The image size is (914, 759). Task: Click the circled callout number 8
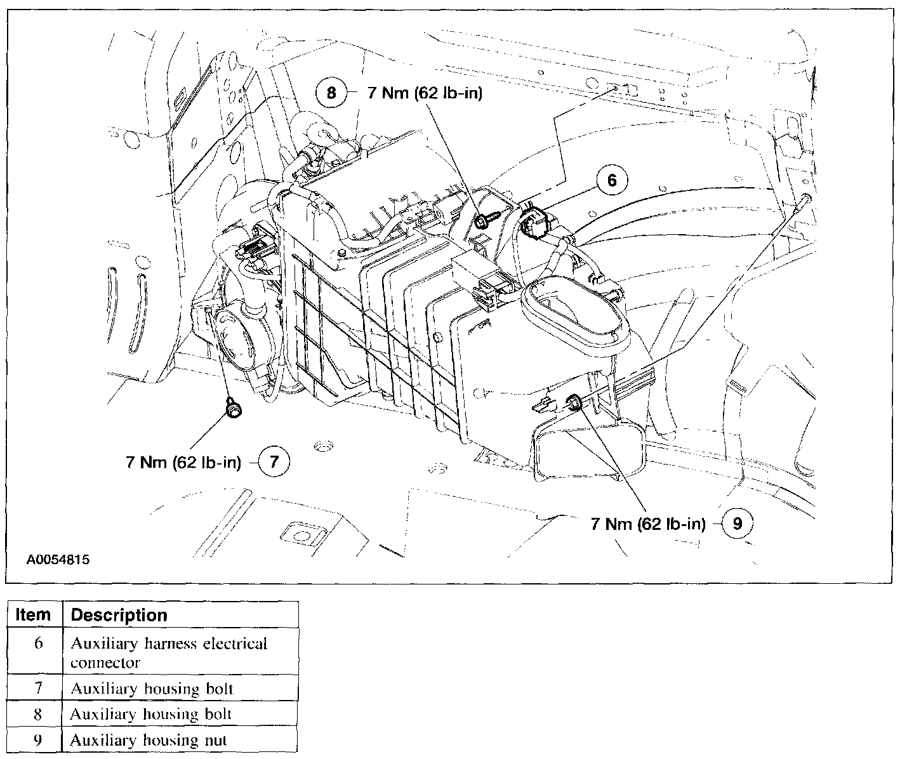[331, 93]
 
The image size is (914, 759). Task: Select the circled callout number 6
[611, 180]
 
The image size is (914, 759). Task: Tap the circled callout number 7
[274, 461]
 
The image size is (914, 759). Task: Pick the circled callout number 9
[736, 524]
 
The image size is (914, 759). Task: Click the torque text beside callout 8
[425, 93]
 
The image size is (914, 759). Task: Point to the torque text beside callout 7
[183, 462]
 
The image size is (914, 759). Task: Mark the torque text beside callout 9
[648, 524]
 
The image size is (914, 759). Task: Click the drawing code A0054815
[58, 560]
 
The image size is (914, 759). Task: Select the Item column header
[33, 615]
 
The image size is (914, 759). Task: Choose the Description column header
[119, 615]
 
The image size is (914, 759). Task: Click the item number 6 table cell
[38, 643]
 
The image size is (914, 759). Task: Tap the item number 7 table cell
[37, 688]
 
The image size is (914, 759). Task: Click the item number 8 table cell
[37, 714]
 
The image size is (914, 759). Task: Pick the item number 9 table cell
[37, 740]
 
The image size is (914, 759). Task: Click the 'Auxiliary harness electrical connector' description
[168, 652]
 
